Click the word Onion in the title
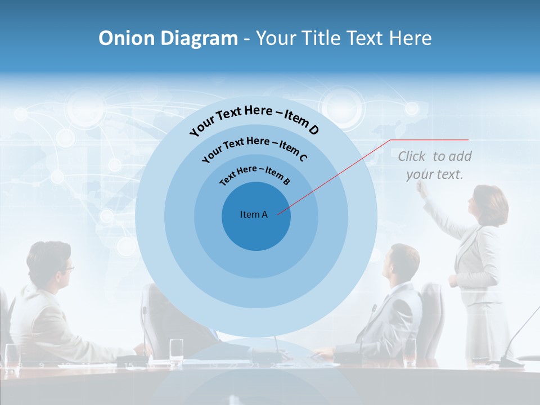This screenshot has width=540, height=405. click(x=127, y=38)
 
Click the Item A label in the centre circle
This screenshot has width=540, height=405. click(x=254, y=214)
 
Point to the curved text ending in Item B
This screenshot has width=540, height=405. click(x=254, y=174)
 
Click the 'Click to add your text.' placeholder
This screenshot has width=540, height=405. click(x=435, y=165)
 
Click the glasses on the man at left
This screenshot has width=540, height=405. click(x=68, y=268)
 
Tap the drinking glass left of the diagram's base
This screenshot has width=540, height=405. click(x=176, y=348)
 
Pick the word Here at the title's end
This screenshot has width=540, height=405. click(x=410, y=38)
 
